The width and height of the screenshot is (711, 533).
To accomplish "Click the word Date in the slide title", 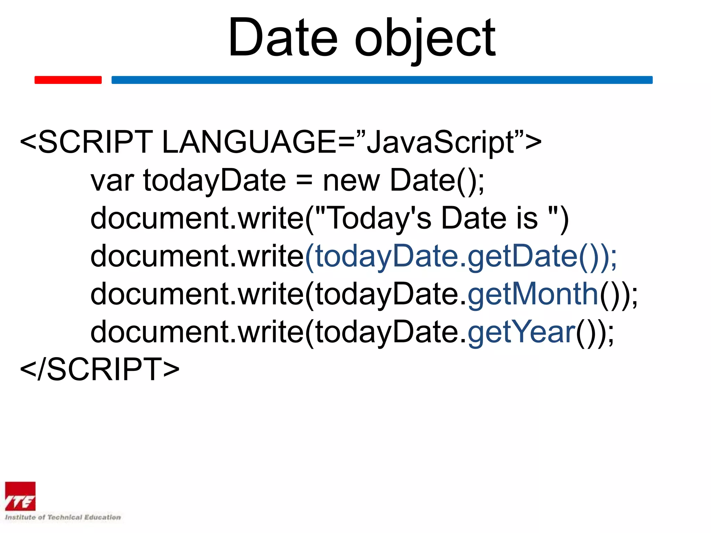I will coord(283,37).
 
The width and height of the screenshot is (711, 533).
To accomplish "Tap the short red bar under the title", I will coord(68,80).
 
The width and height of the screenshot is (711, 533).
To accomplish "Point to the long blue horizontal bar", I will coord(382,80).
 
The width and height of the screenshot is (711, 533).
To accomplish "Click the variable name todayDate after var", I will coord(215,180).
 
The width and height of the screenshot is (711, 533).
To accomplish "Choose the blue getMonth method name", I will coord(533,294).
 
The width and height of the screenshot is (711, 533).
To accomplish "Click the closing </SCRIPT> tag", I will coord(100,369).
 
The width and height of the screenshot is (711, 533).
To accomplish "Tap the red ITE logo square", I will coord(20,496).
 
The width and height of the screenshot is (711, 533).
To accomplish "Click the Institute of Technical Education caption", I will coord(63,517).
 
